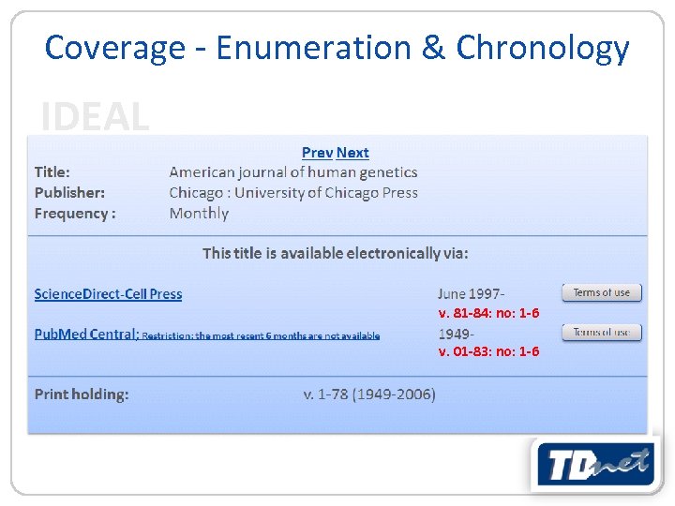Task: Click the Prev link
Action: (x=317, y=153)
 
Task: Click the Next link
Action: (x=352, y=153)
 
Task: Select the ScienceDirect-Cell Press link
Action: (x=108, y=294)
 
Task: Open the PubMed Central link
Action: (x=86, y=334)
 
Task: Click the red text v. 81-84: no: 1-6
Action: (x=488, y=313)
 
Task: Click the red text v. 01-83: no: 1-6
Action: (x=488, y=351)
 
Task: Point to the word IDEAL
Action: (x=95, y=117)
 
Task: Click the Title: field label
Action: (x=52, y=172)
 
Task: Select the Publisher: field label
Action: (x=69, y=193)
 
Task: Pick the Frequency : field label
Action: (x=75, y=214)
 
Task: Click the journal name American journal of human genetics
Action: (x=292, y=172)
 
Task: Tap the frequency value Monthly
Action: (x=199, y=214)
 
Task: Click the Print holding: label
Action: (x=82, y=394)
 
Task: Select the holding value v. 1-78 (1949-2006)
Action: (x=368, y=394)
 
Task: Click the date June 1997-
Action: (x=471, y=294)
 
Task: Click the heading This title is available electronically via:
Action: (x=336, y=253)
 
